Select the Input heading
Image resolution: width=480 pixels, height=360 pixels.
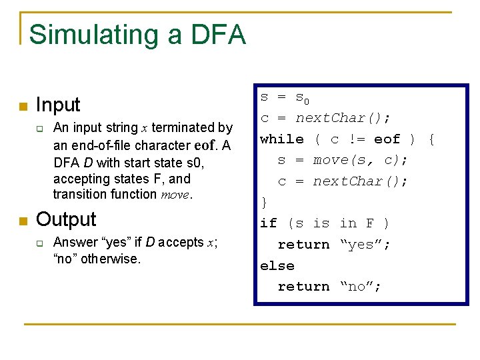[x=58, y=105]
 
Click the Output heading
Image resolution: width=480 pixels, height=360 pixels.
[x=66, y=219]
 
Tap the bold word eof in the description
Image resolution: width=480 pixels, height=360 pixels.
[x=205, y=145]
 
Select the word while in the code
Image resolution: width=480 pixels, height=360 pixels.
[x=281, y=139]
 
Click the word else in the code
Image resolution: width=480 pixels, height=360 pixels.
[x=277, y=265]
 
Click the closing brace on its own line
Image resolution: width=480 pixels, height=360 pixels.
[x=263, y=202]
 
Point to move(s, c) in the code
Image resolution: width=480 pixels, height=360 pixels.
[x=360, y=160]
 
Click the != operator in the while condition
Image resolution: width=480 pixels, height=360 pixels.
[x=356, y=139]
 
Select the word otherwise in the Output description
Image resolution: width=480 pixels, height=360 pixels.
[x=111, y=258]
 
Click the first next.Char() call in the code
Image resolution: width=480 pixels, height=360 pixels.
[x=343, y=118]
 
